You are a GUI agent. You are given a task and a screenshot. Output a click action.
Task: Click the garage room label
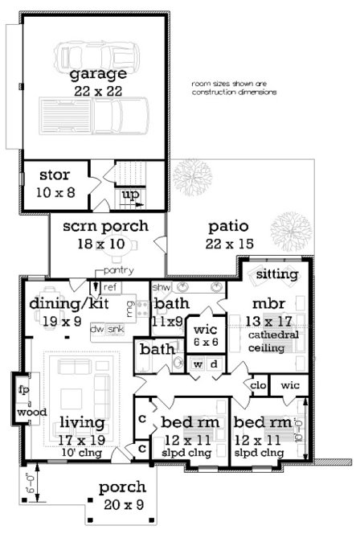pyautogui.click(x=97, y=75)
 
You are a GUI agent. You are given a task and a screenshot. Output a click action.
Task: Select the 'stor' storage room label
pyautogui.click(x=54, y=175)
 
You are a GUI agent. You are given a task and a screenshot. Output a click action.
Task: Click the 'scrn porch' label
pyautogui.click(x=105, y=226)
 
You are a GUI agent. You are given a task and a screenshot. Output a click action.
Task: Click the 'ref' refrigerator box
pyautogui.click(x=111, y=286)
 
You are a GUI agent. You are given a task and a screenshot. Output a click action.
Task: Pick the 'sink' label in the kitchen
pyautogui.click(x=116, y=329)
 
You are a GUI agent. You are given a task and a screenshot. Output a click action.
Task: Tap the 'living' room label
pyautogui.click(x=82, y=424)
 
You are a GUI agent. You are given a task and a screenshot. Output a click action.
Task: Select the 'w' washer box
pyautogui.click(x=198, y=364)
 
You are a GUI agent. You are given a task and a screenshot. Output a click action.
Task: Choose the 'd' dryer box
pyautogui.click(x=214, y=364)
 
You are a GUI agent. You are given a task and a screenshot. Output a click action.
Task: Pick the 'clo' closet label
pyautogui.click(x=259, y=384)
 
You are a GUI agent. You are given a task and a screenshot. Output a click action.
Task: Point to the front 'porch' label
pyautogui.click(x=122, y=487)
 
